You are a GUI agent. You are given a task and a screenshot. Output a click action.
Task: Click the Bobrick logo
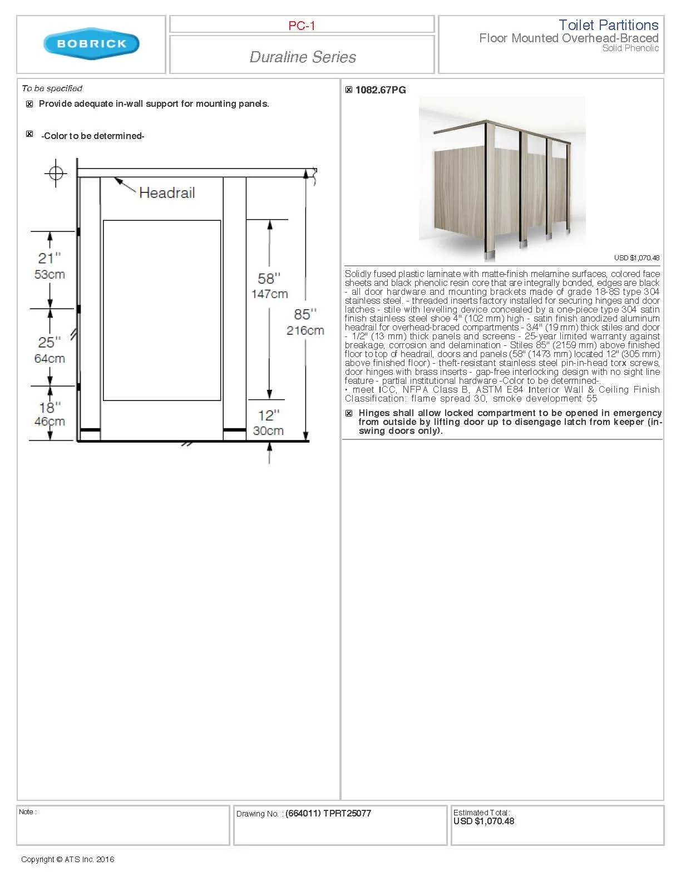(x=91, y=44)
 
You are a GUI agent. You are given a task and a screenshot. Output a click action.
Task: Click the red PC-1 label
(x=302, y=26)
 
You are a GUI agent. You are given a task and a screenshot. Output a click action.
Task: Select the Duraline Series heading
(x=303, y=57)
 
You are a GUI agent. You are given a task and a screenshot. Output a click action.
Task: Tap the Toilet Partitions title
(x=608, y=25)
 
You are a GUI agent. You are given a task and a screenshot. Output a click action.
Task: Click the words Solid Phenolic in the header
(x=630, y=48)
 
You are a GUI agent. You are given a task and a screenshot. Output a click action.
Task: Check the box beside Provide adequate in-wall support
(x=30, y=104)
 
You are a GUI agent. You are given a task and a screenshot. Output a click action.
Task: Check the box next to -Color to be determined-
(x=30, y=134)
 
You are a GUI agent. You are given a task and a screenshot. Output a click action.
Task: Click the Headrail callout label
(x=167, y=192)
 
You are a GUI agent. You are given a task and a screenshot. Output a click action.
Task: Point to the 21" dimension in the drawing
(x=49, y=258)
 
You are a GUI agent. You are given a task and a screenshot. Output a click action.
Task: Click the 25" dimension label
(x=49, y=342)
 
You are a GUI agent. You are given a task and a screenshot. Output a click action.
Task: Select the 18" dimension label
(x=50, y=408)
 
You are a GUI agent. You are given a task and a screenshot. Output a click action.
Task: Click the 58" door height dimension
(x=269, y=279)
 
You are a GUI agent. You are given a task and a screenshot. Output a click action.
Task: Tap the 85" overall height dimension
(x=305, y=314)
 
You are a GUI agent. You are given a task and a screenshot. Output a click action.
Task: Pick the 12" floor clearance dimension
(x=269, y=415)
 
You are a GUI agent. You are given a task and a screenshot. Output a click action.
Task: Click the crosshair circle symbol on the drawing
(x=56, y=173)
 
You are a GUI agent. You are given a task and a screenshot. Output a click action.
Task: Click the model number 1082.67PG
(x=381, y=90)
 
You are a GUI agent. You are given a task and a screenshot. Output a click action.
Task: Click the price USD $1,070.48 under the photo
(x=636, y=258)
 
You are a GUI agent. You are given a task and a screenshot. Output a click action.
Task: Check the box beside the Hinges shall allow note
(x=349, y=413)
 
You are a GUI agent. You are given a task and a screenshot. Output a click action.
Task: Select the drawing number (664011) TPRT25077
(x=328, y=813)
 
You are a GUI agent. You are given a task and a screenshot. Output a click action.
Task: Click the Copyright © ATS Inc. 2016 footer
(x=67, y=859)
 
